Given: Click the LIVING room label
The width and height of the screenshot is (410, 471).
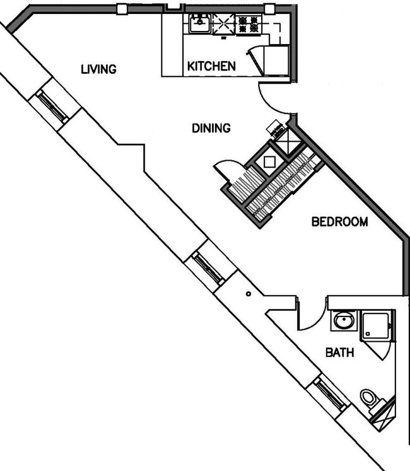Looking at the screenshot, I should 98,69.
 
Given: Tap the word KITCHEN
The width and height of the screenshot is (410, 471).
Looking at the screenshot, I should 211,66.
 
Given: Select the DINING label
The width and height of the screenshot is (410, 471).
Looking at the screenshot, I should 211,128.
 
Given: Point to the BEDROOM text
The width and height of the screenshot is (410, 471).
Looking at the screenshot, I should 339,222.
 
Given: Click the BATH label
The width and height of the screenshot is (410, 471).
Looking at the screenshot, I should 339,352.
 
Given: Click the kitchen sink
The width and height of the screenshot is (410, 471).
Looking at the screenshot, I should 199,25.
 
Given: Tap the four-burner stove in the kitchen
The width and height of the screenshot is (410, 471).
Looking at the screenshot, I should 249,25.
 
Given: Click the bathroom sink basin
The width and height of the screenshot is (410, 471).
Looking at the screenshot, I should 343,320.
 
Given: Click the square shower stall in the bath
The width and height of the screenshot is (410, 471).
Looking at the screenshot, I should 377,325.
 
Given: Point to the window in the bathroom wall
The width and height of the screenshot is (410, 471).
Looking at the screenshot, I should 330,393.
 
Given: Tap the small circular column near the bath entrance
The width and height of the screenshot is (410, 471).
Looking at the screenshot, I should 249,293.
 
